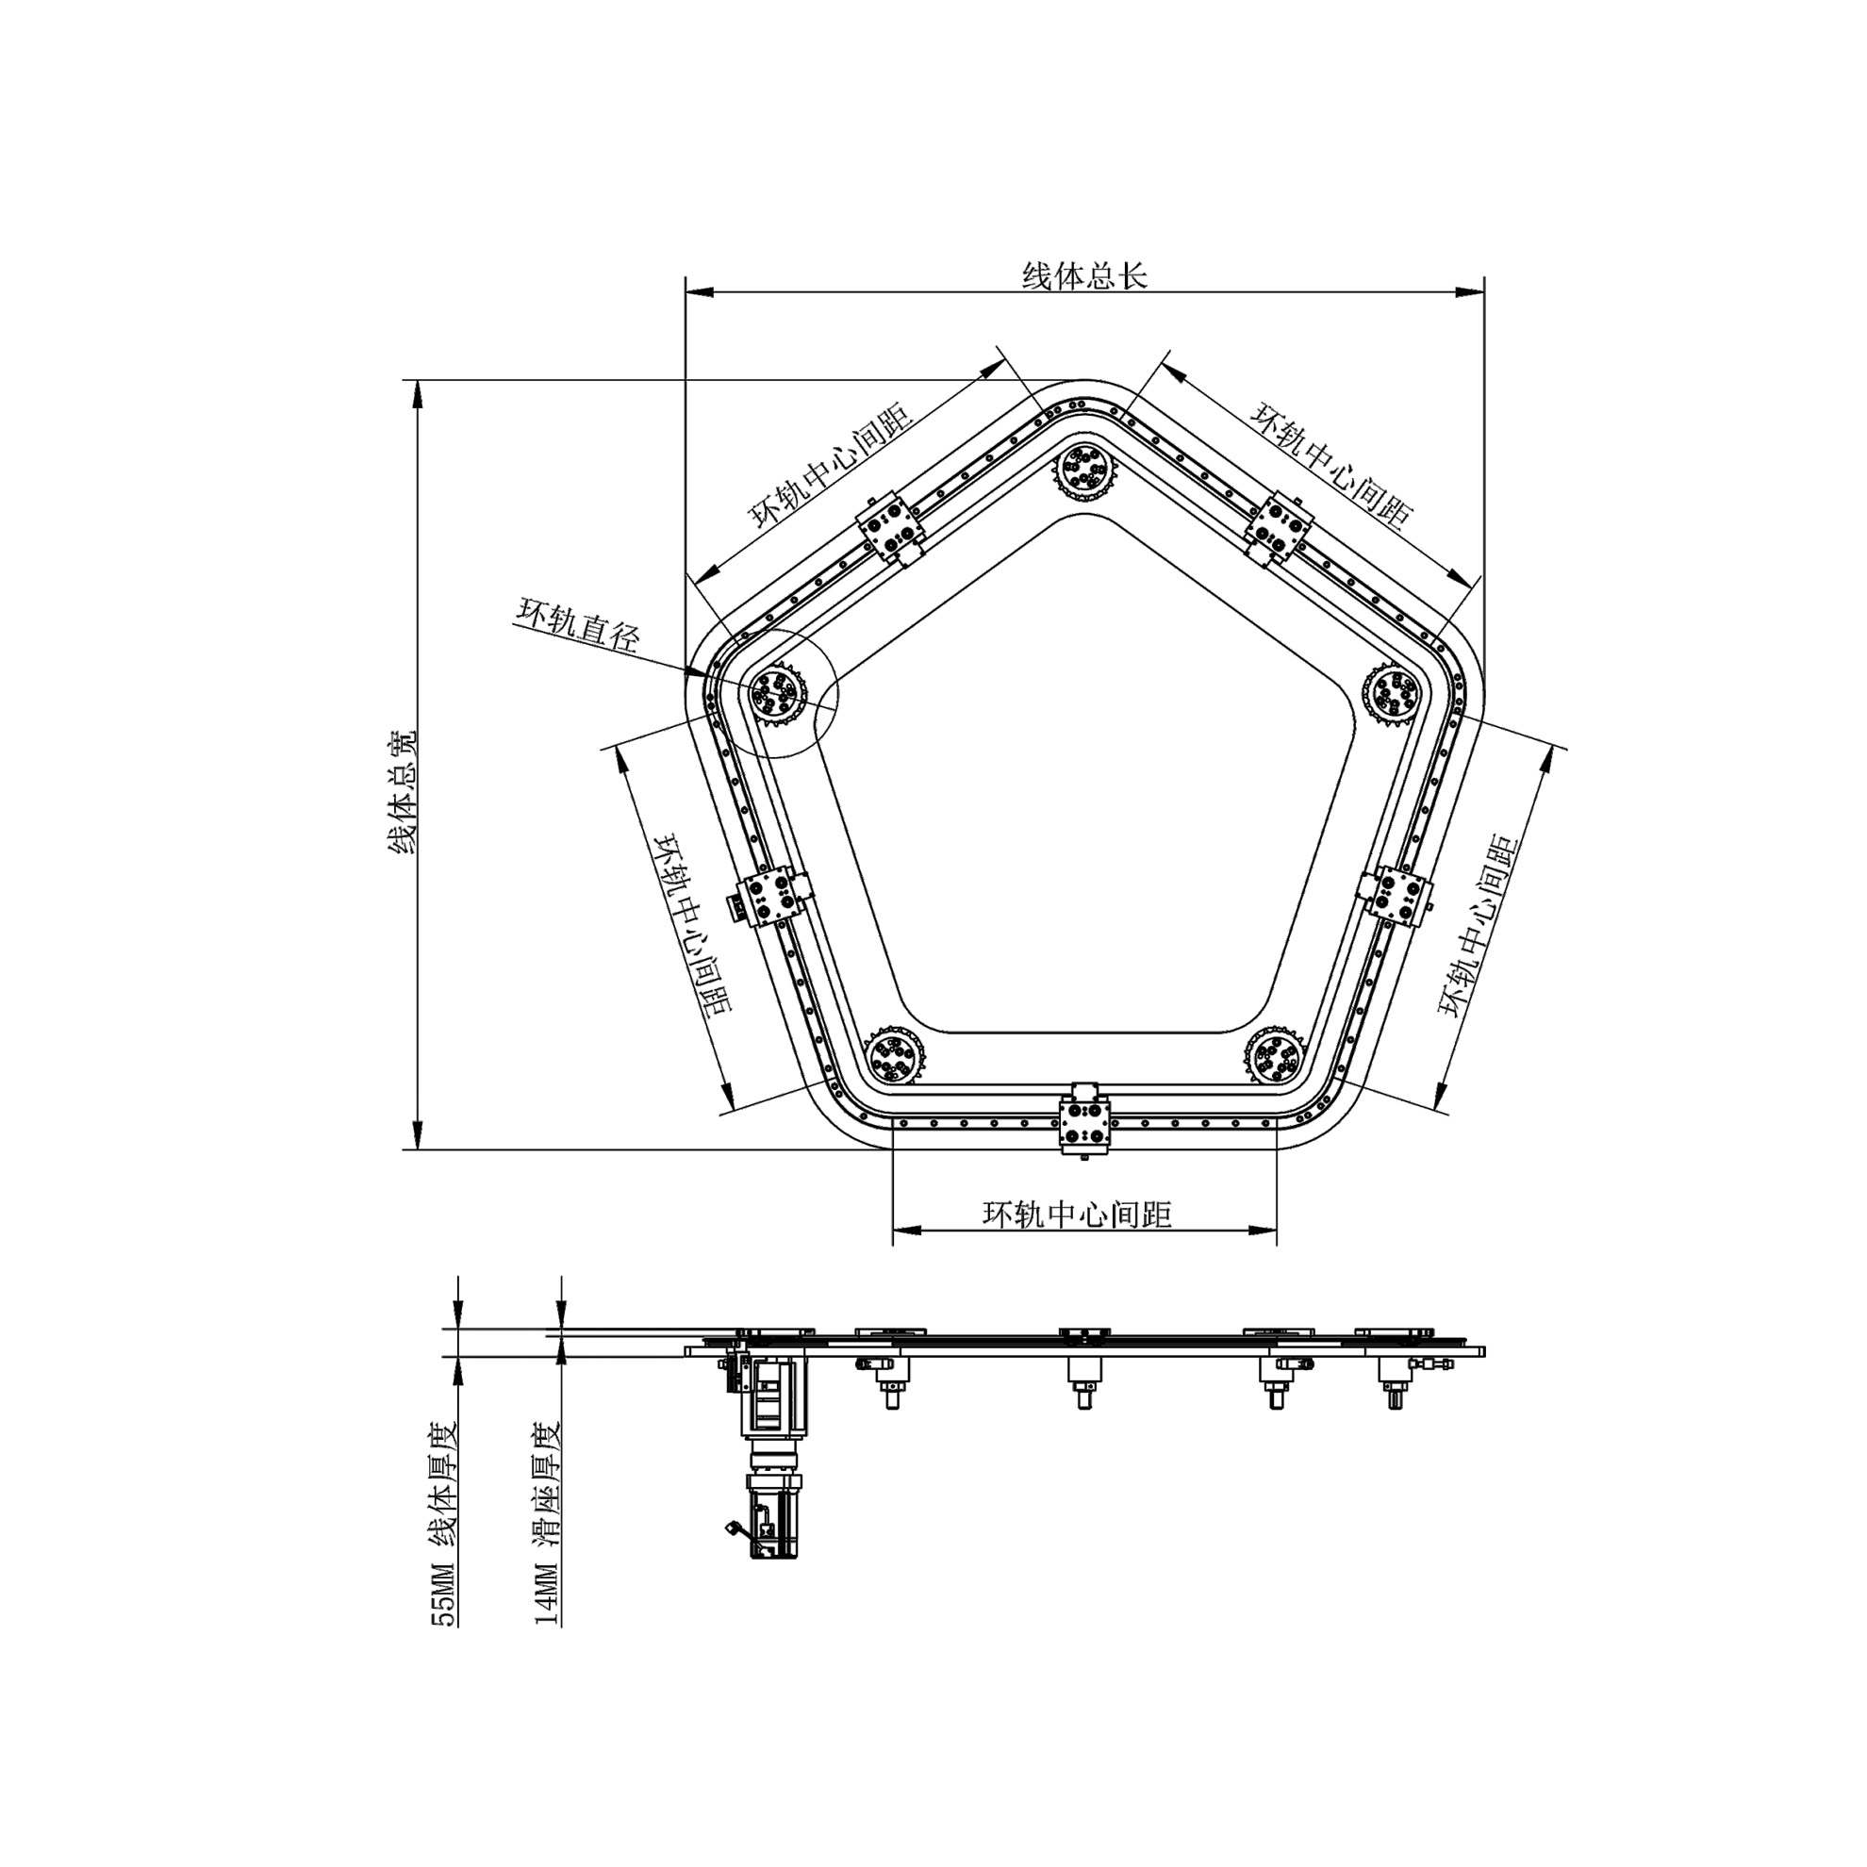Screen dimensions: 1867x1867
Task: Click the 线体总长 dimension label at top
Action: [1084, 276]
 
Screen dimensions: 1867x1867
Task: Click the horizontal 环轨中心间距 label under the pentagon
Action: [1077, 1214]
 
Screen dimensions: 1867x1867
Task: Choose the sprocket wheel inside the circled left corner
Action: [776, 693]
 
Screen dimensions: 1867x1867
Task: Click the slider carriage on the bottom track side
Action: [1085, 1124]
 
